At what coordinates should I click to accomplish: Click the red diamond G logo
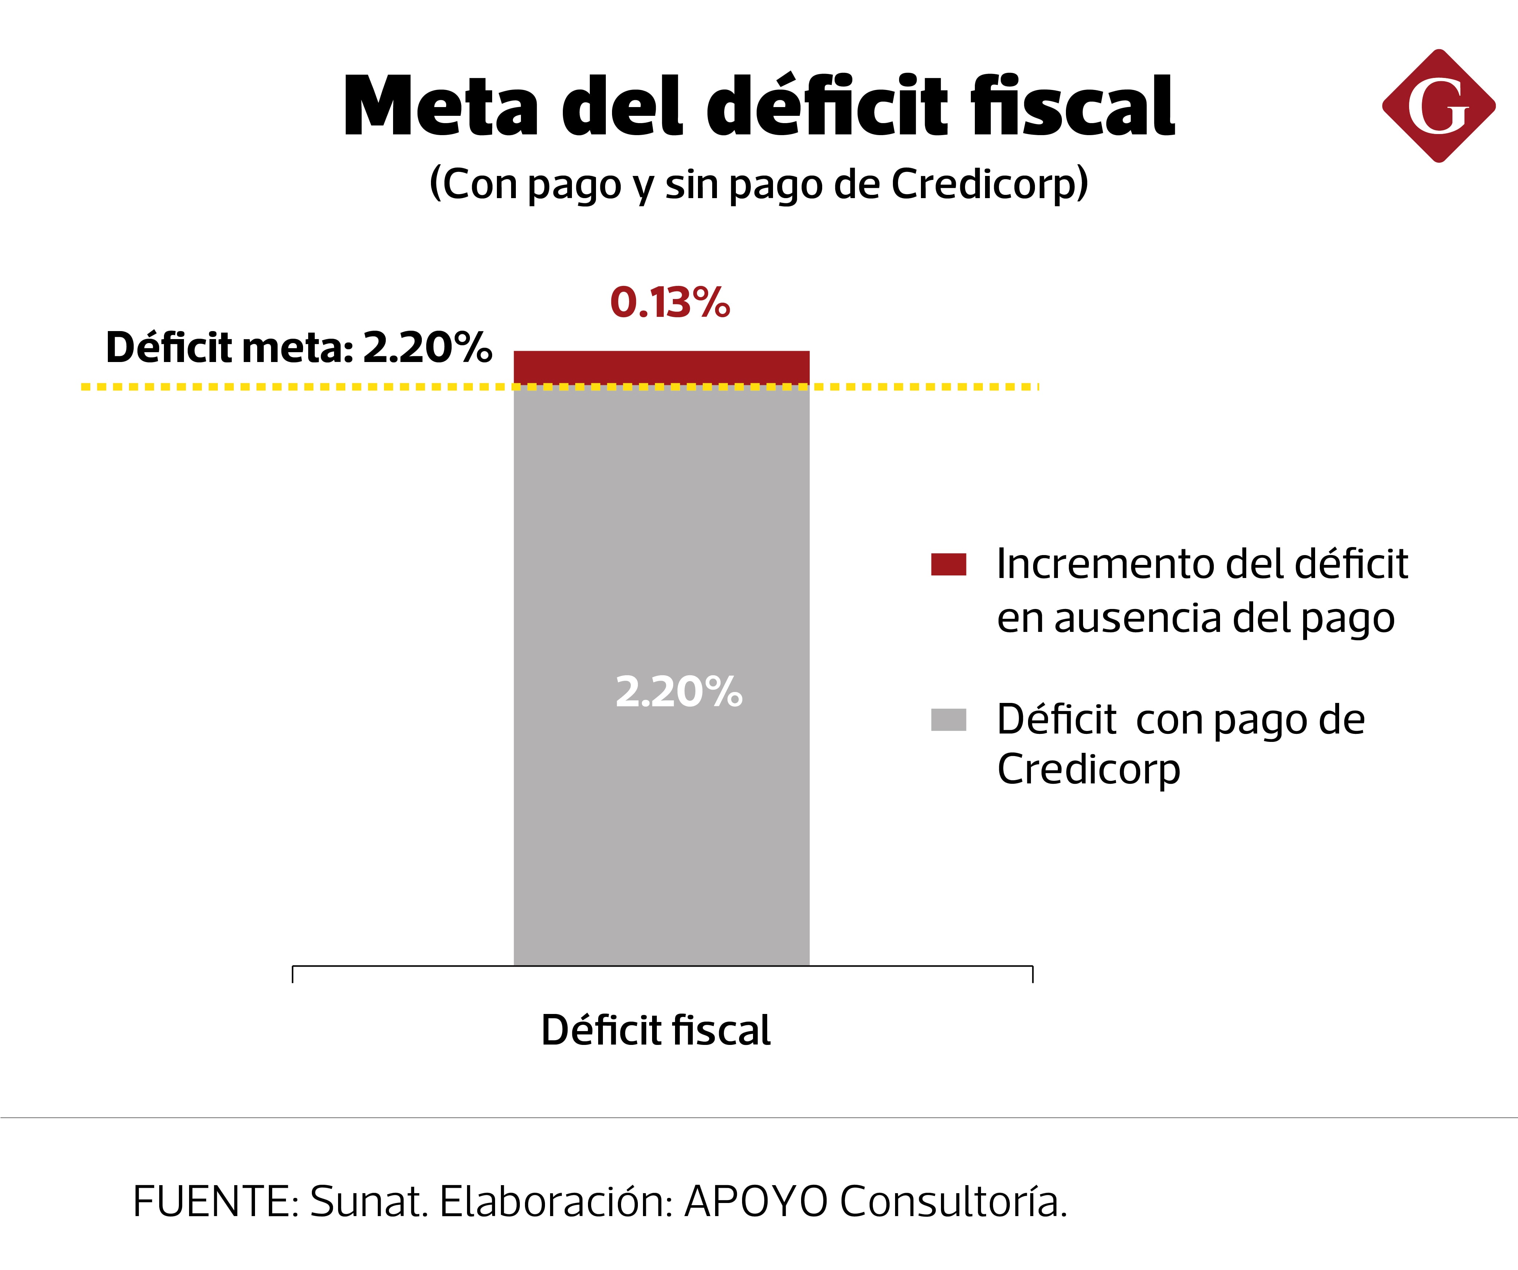1439,106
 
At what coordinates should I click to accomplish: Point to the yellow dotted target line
289,387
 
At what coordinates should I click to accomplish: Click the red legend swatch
948,565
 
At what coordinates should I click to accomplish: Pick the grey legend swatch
948,720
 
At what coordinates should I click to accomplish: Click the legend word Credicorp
1088,769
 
